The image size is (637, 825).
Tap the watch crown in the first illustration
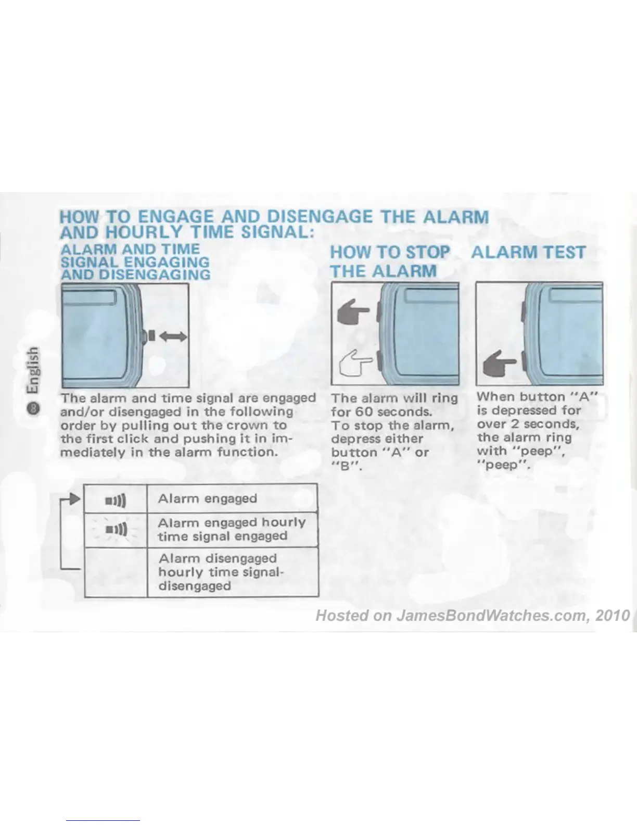coord(149,336)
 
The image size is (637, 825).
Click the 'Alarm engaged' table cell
coord(232,498)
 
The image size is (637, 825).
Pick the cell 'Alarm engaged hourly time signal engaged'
coord(232,529)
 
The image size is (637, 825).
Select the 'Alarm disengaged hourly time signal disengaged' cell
coord(232,572)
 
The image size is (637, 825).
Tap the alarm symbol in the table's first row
coord(116,501)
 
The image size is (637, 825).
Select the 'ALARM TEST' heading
coord(528,253)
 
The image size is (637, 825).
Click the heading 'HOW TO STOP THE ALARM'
coord(390,261)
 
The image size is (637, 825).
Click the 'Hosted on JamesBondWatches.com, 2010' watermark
coord(473,616)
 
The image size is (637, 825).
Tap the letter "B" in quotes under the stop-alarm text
coord(344,467)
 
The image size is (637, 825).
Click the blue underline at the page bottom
coord(103,820)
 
